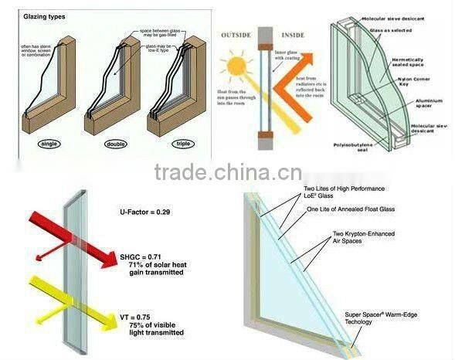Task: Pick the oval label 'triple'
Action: pos(180,144)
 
